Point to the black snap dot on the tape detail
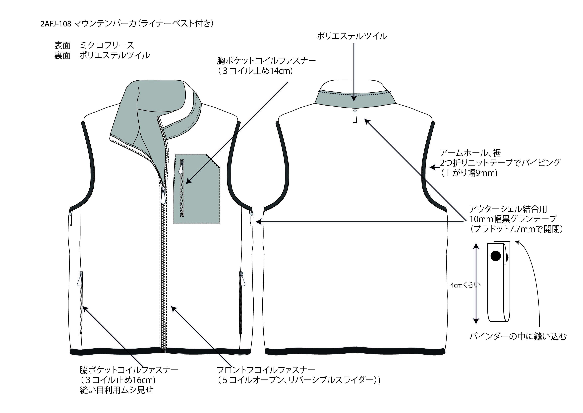(495, 256)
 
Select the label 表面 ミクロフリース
(94, 45)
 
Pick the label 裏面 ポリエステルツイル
(102, 55)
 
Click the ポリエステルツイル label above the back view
(352, 36)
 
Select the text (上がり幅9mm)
(469, 173)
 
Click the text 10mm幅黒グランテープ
(513, 219)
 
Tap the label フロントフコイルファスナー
(266, 370)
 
